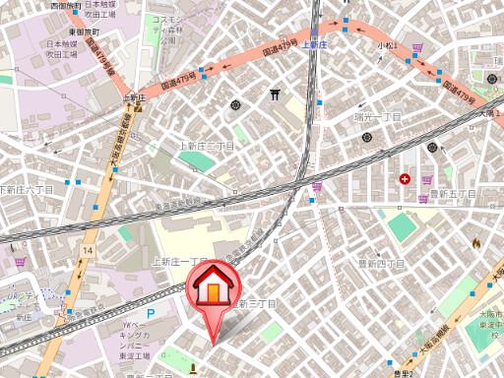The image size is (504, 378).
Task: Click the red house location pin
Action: tap(211, 295)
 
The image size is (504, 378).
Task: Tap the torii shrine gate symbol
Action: tap(275, 94)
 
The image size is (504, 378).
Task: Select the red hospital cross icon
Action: tap(406, 178)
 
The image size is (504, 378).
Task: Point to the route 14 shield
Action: tap(88, 252)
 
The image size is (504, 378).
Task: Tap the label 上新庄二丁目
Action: tap(207, 146)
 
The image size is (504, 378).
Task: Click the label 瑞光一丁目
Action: tap(379, 117)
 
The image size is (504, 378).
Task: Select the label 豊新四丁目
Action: tap(380, 264)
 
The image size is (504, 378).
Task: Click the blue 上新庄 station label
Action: tap(314, 45)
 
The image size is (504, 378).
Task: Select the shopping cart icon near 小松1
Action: tap(418, 46)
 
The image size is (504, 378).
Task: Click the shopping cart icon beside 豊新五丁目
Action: tap(426, 180)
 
